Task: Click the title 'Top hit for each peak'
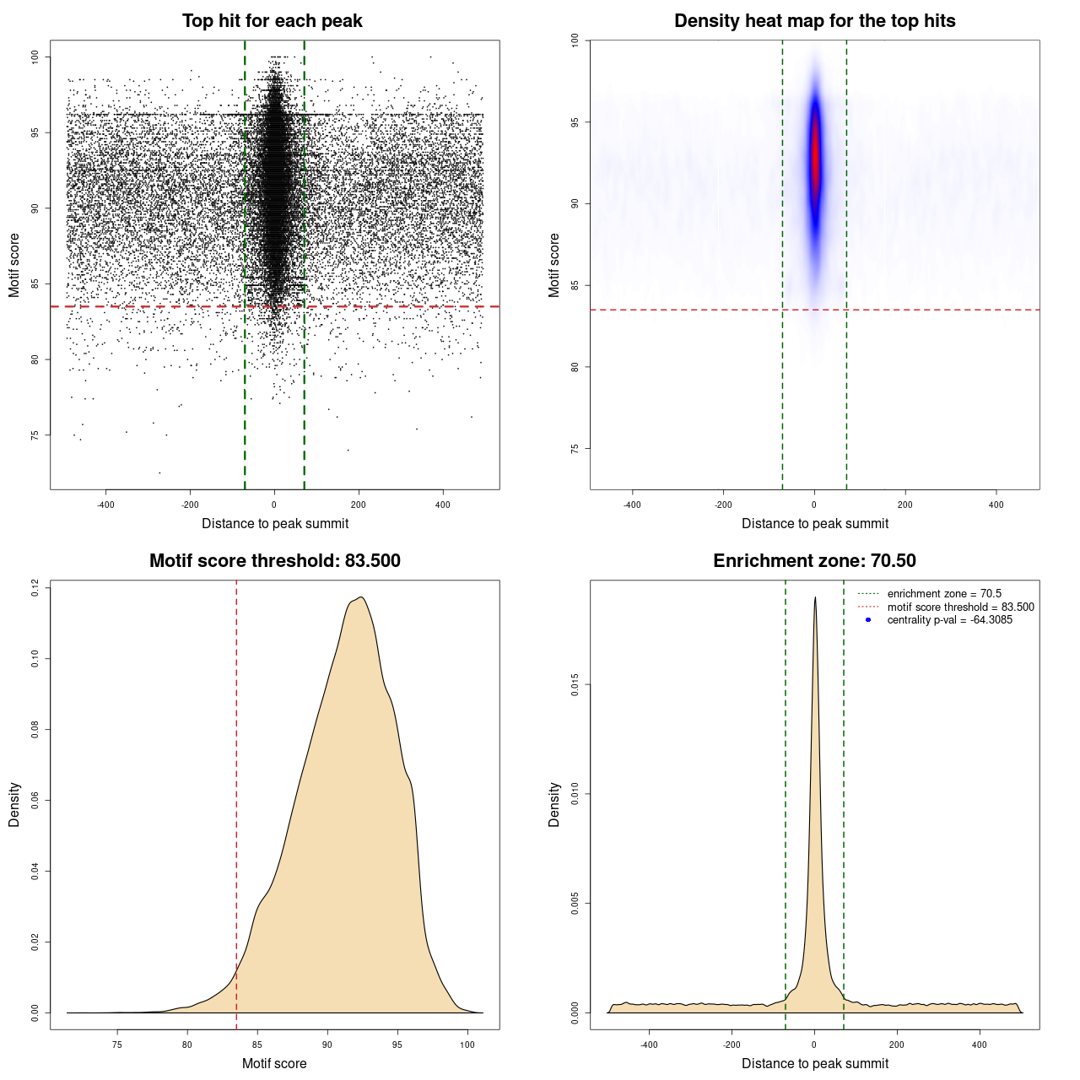(x=272, y=21)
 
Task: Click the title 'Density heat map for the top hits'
(x=814, y=21)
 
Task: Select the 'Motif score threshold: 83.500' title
(x=274, y=561)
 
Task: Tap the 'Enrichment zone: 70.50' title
(x=814, y=561)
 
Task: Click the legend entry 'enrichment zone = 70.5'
(x=944, y=594)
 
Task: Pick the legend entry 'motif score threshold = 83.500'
(x=960, y=607)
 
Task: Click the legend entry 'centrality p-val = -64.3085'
(x=949, y=620)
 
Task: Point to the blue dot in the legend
(x=868, y=620)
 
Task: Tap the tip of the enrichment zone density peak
(x=815, y=597)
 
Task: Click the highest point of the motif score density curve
(x=361, y=597)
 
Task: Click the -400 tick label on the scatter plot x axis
(x=105, y=505)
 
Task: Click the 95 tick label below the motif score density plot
(x=397, y=1045)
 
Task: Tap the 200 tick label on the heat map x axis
(x=905, y=505)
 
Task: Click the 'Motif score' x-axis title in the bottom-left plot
(x=274, y=1063)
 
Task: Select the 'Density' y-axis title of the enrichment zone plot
(x=554, y=804)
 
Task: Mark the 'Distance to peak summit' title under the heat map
(x=814, y=523)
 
